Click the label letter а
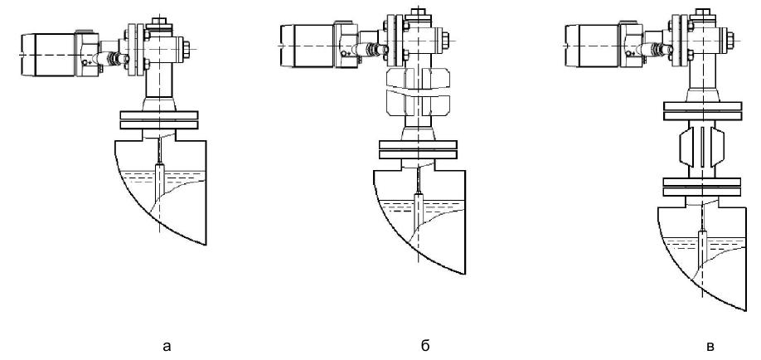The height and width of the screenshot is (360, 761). pyautogui.click(x=167, y=347)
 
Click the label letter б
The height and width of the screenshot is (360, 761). pyautogui.click(x=425, y=345)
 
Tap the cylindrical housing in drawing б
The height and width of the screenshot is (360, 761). pyautogui.click(x=307, y=46)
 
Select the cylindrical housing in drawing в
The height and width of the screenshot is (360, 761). pyautogui.click(x=593, y=46)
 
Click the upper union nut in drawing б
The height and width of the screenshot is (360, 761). pyautogui.click(x=418, y=78)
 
